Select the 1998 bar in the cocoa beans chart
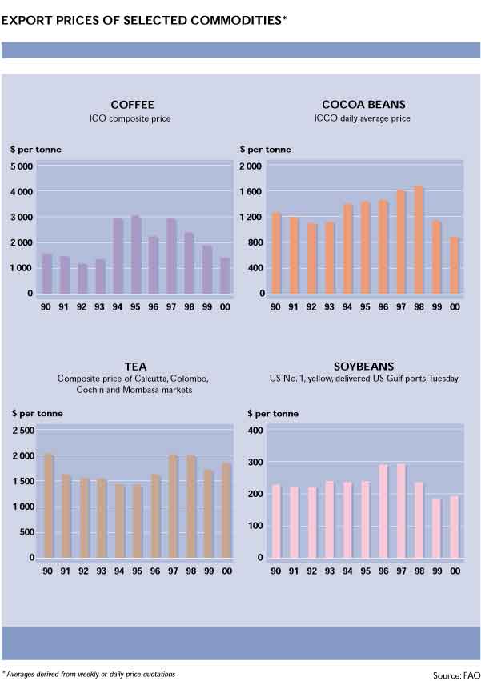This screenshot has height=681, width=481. pyautogui.click(x=418, y=240)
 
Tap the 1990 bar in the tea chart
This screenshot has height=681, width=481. pyautogui.click(x=48, y=505)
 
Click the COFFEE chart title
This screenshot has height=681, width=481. pyautogui.click(x=132, y=105)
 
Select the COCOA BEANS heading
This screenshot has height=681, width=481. pyautogui.click(x=363, y=105)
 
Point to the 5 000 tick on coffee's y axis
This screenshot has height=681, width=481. pyautogui.click(x=21, y=166)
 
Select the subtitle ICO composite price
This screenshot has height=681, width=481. pyautogui.click(x=132, y=119)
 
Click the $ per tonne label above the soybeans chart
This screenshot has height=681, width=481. pyautogui.click(x=272, y=414)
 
